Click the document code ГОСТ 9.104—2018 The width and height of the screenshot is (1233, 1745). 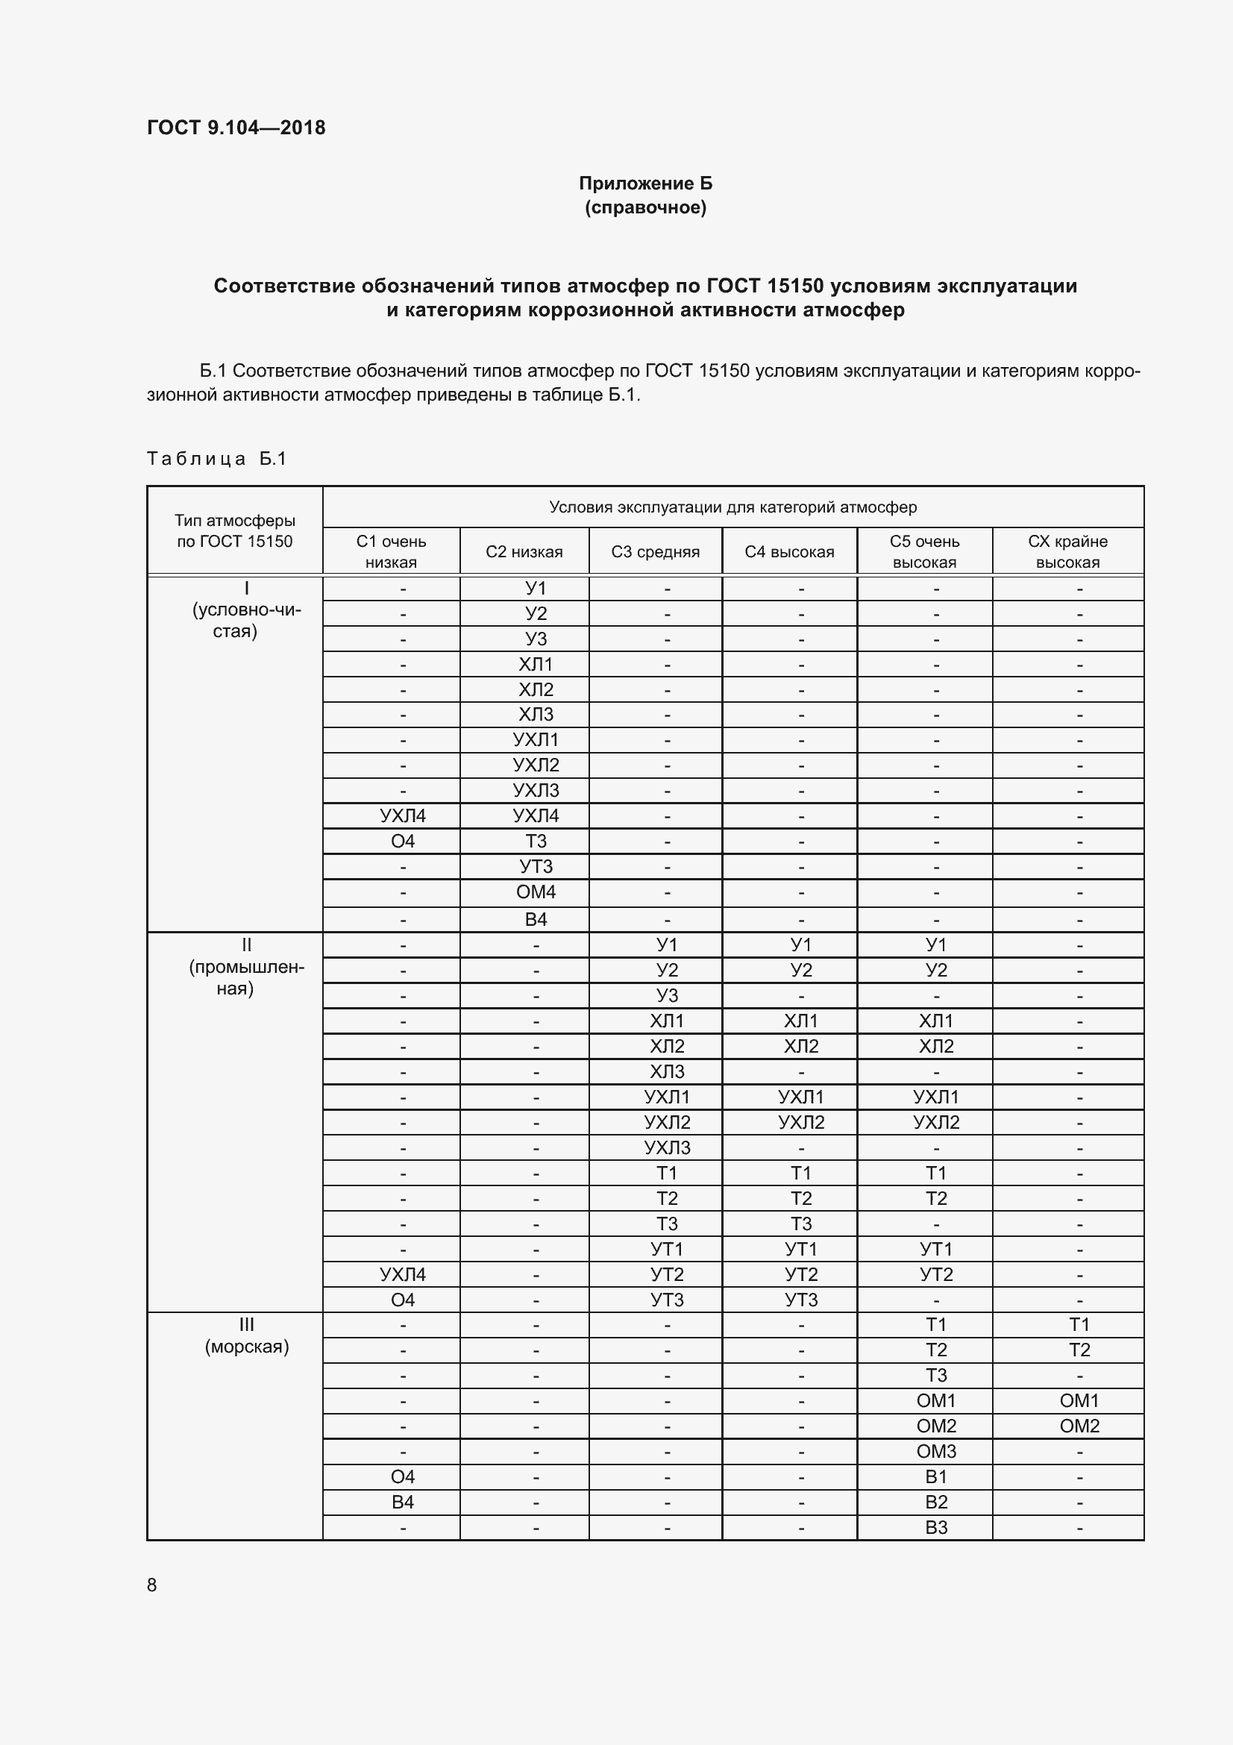(x=236, y=128)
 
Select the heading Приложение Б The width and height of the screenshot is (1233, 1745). (x=645, y=184)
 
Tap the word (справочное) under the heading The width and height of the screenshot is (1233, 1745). (x=645, y=207)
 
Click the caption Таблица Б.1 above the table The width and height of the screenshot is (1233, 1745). (x=216, y=458)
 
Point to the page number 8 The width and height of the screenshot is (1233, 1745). (x=152, y=1585)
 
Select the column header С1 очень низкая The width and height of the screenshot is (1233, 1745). (x=392, y=551)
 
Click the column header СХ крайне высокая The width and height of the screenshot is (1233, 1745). (x=1067, y=551)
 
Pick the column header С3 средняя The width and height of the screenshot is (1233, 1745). (x=655, y=552)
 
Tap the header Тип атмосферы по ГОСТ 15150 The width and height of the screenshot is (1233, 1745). (x=235, y=530)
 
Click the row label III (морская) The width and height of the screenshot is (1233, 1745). (x=246, y=1335)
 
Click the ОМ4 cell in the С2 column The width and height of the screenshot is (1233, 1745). (x=536, y=892)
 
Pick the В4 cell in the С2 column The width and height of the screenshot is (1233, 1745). (x=536, y=919)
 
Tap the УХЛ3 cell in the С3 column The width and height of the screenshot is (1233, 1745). (x=667, y=1147)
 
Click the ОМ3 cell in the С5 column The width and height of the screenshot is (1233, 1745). (x=936, y=1451)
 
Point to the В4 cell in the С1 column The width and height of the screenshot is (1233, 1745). (x=403, y=1502)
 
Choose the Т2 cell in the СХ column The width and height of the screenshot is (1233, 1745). (x=1079, y=1350)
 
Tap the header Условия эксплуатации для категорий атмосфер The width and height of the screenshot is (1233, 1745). (x=732, y=507)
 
